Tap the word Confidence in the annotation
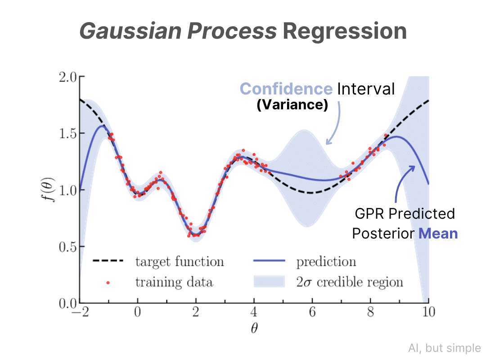pyautogui.click(x=286, y=89)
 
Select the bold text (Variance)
pyautogui.click(x=292, y=105)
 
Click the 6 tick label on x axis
pyautogui.click(x=312, y=312)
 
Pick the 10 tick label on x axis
pyautogui.click(x=428, y=312)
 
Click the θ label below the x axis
pyautogui.click(x=254, y=328)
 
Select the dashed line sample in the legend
pyautogui.click(x=108, y=261)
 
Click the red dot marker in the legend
pyautogui.click(x=108, y=283)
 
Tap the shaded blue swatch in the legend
pyautogui.click(x=269, y=282)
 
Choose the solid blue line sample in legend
pyautogui.click(x=269, y=261)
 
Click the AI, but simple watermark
pyautogui.click(x=445, y=348)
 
